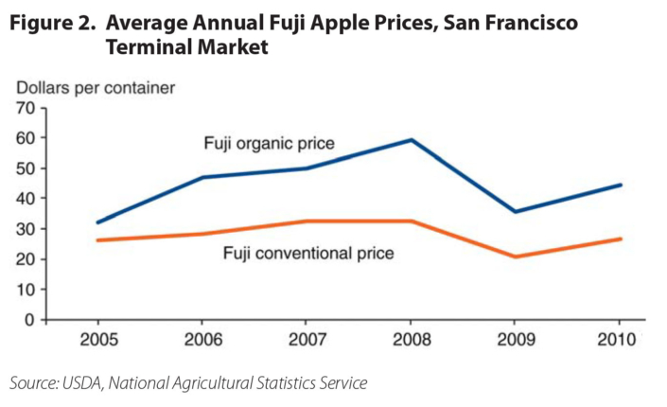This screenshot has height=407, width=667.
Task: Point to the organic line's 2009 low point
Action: (x=515, y=211)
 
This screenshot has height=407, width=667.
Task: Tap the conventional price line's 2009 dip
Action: (x=515, y=257)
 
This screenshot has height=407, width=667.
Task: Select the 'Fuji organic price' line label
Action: (x=271, y=144)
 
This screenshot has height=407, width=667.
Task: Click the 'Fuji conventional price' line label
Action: (x=308, y=253)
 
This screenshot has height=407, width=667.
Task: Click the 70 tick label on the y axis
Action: (x=25, y=108)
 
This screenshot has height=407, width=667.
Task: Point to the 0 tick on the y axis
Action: (x=29, y=320)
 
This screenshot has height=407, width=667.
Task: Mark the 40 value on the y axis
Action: (x=25, y=199)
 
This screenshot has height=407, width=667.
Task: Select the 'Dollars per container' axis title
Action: (x=95, y=88)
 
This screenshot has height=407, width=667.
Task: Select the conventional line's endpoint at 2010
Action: (x=621, y=239)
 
